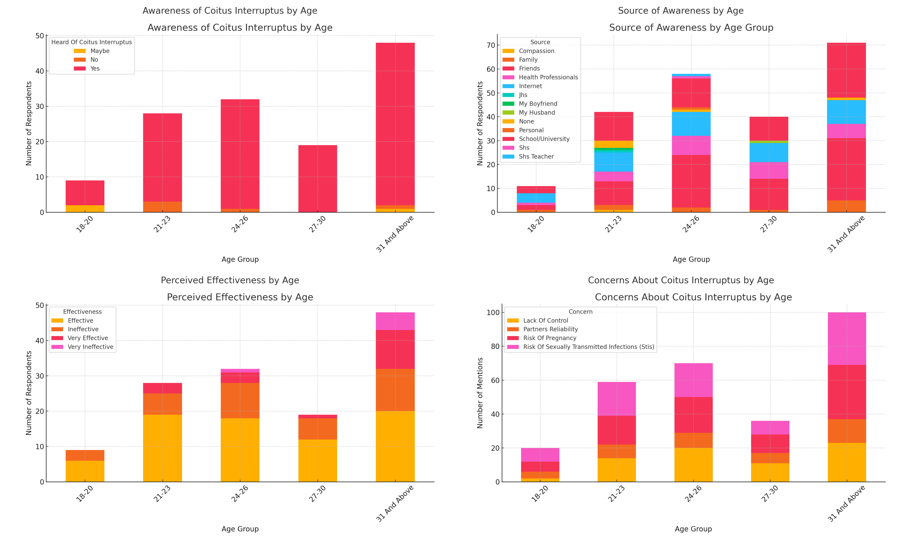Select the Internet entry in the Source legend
click(x=530, y=86)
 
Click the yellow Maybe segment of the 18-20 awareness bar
click(x=85, y=209)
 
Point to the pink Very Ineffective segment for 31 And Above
click(x=395, y=321)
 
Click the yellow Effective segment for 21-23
click(x=162, y=448)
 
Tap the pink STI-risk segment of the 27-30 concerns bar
click(x=770, y=427)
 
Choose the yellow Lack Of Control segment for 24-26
click(x=693, y=465)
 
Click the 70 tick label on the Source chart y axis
click(x=491, y=45)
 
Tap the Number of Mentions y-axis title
click(x=480, y=393)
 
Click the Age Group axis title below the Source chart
click(x=691, y=259)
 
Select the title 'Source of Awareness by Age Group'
click(x=691, y=28)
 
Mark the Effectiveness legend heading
click(x=82, y=312)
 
